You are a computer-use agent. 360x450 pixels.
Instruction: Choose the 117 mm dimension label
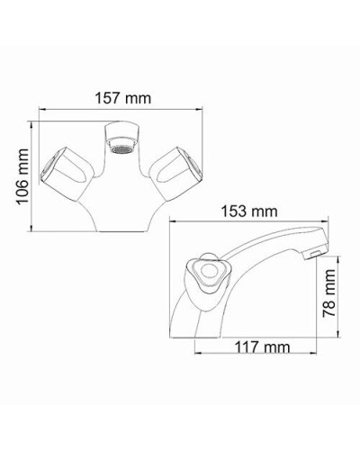(x=254, y=346)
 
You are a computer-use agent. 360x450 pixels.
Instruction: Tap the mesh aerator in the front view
(x=121, y=142)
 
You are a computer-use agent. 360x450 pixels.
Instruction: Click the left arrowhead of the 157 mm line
(x=39, y=109)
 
